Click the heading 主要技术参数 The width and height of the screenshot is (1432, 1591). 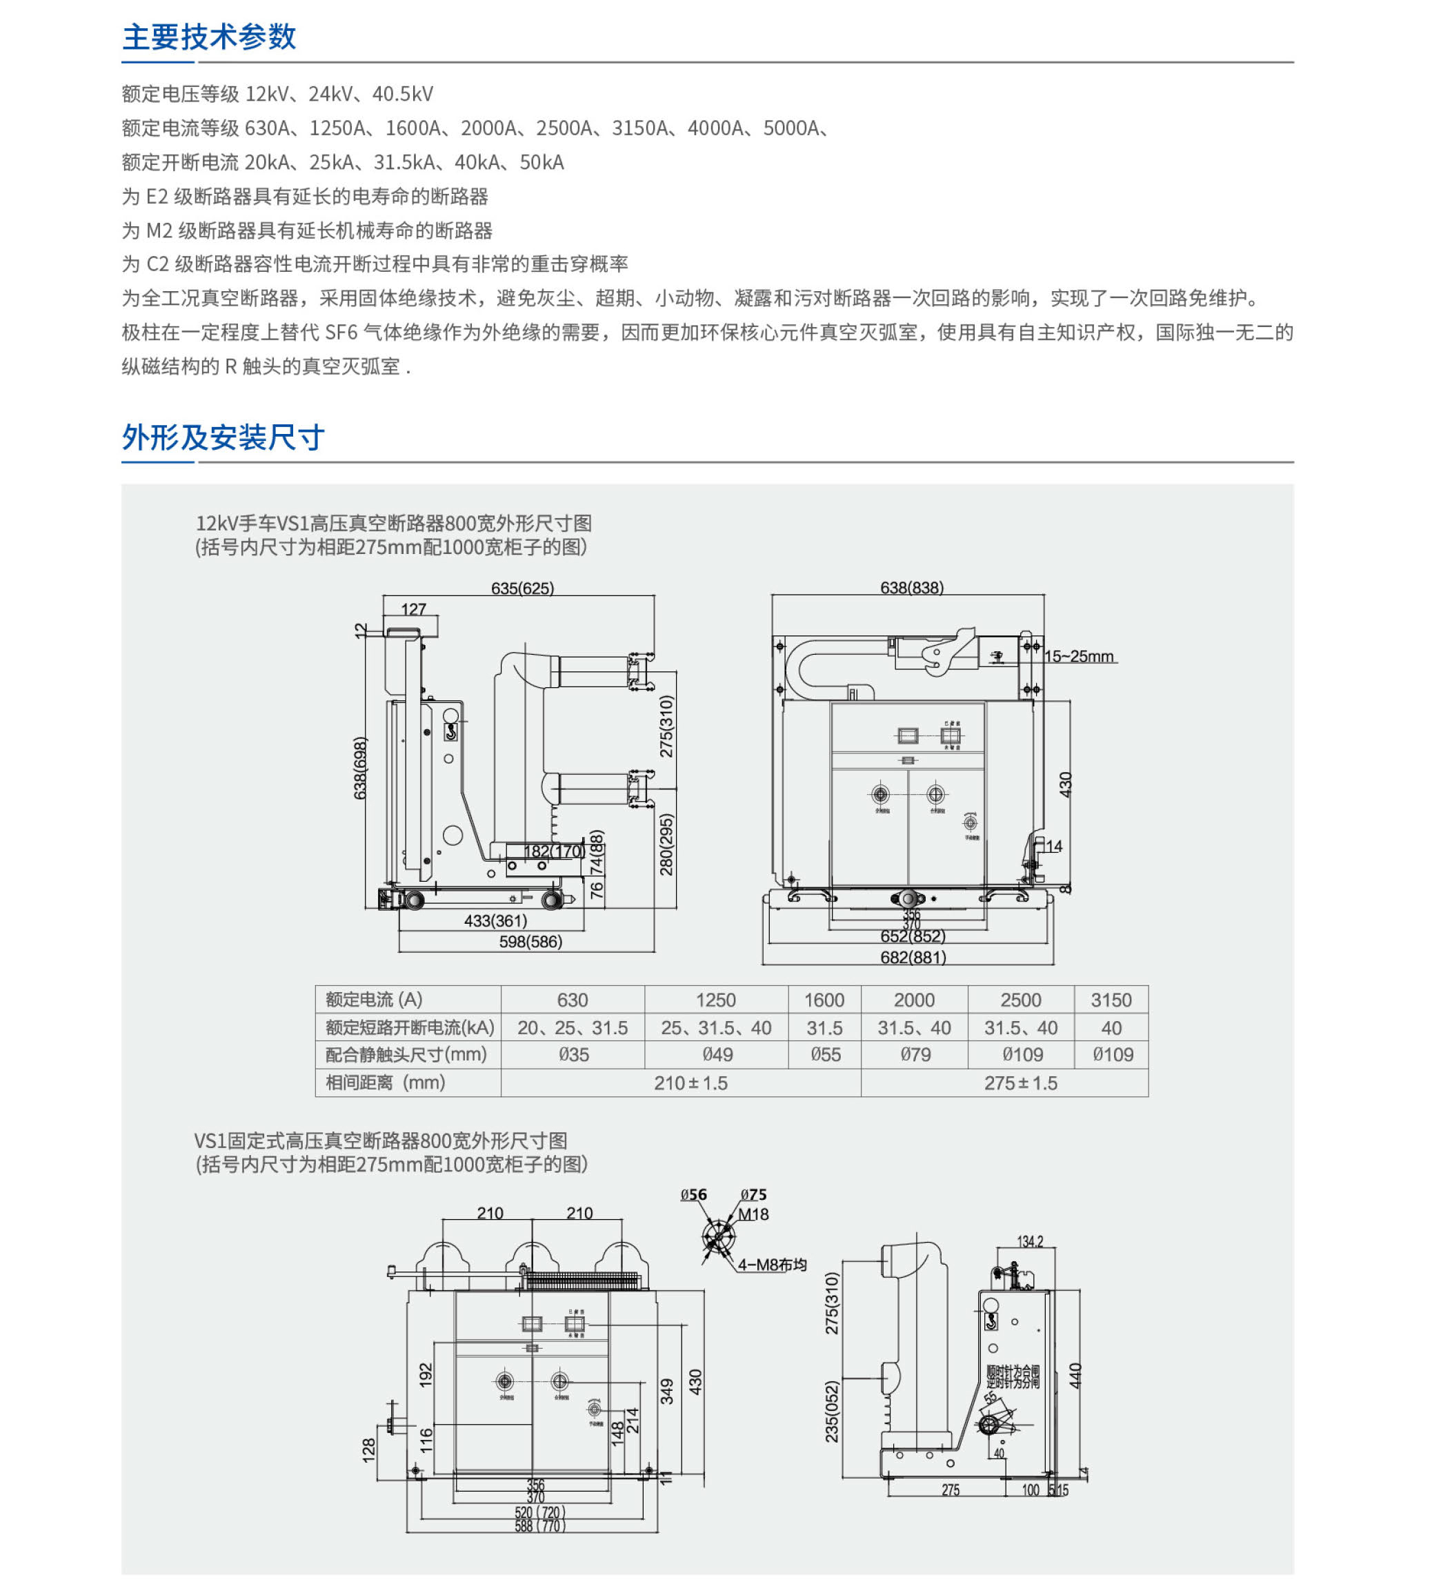click(208, 37)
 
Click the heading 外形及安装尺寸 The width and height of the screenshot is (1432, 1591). click(223, 437)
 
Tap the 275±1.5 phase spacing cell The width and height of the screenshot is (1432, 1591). click(1020, 1083)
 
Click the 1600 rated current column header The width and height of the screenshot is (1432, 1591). click(824, 1000)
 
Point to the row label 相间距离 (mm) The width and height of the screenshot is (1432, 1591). click(386, 1083)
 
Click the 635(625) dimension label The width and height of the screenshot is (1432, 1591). click(522, 589)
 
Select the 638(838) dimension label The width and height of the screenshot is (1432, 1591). click(911, 588)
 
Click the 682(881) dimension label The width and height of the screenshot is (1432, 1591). click(913, 957)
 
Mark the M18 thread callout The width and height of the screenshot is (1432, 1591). click(753, 1214)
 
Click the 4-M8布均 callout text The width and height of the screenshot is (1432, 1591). click(772, 1265)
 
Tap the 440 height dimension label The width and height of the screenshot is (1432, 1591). click(1075, 1376)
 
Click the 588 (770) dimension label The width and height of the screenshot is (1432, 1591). click(539, 1525)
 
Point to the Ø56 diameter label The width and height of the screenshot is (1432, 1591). click(693, 1194)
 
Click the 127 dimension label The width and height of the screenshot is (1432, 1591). click(413, 609)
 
